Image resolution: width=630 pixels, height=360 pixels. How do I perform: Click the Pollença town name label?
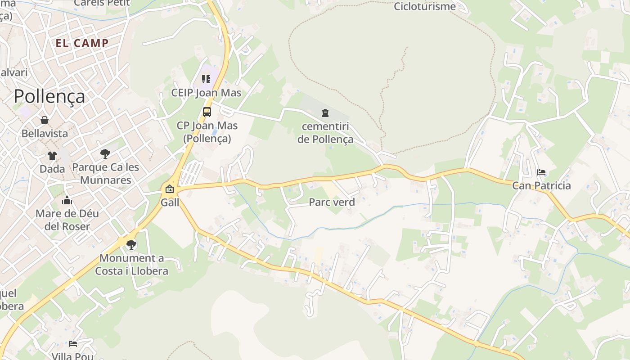[x=49, y=96]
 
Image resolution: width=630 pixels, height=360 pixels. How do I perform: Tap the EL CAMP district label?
[x=82, y=43]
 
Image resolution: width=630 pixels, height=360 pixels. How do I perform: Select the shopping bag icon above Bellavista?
[x=45, y=120]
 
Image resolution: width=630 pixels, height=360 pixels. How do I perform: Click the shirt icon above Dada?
[x=52, y=156]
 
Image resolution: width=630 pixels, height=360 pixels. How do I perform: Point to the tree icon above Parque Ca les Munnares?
[x=105, y=154]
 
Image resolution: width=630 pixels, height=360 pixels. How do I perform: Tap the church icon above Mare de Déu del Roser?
[x=67, y=200]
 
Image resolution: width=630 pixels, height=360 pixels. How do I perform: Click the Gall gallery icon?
[x=170, y=189]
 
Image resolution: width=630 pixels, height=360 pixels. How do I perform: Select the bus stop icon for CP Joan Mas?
[x=207, y=112]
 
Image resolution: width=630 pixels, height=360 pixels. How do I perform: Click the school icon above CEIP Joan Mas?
[x=206, y=80]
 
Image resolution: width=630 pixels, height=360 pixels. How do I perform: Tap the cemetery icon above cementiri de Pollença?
[x=325, y=113]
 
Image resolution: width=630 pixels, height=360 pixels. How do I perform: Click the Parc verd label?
[x=332, y=202]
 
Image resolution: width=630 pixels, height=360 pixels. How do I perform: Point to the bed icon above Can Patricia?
[x=541, y=172]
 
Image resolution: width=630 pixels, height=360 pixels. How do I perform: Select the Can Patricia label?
[x=541, y=185]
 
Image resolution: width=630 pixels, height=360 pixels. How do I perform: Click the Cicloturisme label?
[x=424, y=6]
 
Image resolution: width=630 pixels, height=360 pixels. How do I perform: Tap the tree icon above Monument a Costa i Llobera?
[x=131, y=245]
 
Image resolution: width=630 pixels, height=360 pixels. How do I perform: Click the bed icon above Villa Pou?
[x=73, y=344]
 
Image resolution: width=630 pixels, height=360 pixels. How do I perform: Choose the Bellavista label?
[x=45, y=133]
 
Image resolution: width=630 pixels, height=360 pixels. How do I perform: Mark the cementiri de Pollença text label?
[x=325, y=133]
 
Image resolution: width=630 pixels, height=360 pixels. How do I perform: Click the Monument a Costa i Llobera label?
[x=131, y=265]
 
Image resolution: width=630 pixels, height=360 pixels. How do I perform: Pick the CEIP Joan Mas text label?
[x=206, y=93]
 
